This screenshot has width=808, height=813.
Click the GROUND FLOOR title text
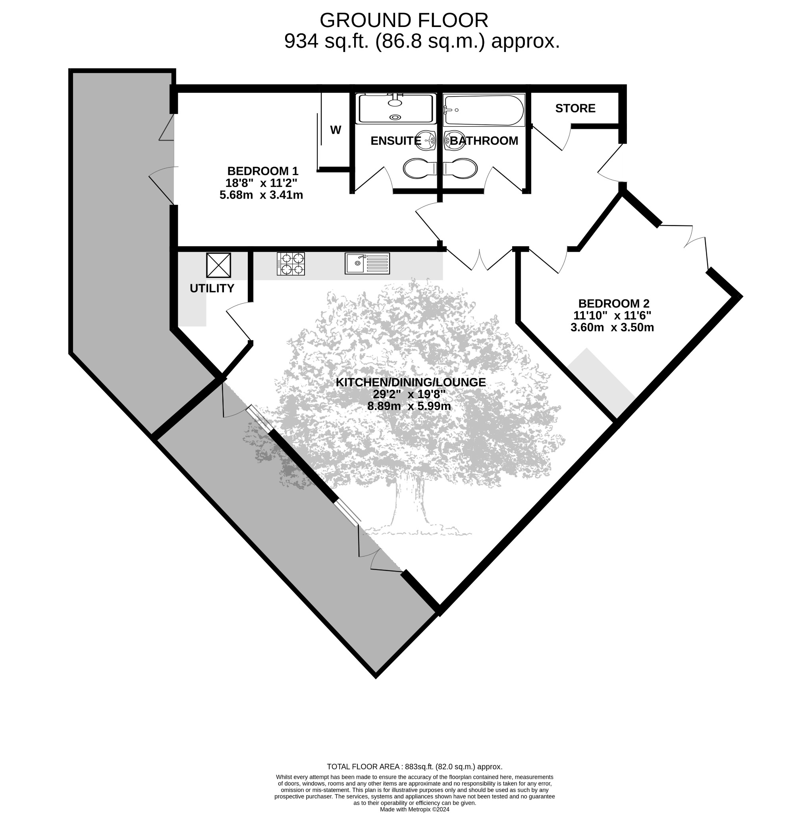(404, 20)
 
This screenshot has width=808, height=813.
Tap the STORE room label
(575, 108)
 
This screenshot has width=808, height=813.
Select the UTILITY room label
(212, 288)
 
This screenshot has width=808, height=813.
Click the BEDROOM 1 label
(262, 171)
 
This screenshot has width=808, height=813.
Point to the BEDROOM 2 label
(613, 303)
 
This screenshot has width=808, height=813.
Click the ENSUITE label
(395, 141)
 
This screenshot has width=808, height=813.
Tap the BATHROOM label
(484, 141)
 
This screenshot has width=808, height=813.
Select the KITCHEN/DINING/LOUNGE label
(411, 382)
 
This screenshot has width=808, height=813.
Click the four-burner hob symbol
(291, 264)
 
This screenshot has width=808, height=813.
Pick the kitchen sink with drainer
(367, 264)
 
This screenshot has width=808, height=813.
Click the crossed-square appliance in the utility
(218, 265)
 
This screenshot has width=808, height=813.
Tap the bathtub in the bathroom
(484, 110)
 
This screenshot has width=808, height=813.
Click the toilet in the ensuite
(420, 169)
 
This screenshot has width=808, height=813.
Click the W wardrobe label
(336, 131)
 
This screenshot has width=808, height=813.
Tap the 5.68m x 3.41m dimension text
(261, 195)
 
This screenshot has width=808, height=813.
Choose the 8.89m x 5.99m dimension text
(409, 406)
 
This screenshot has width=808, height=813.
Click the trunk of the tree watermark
(408, 503)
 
